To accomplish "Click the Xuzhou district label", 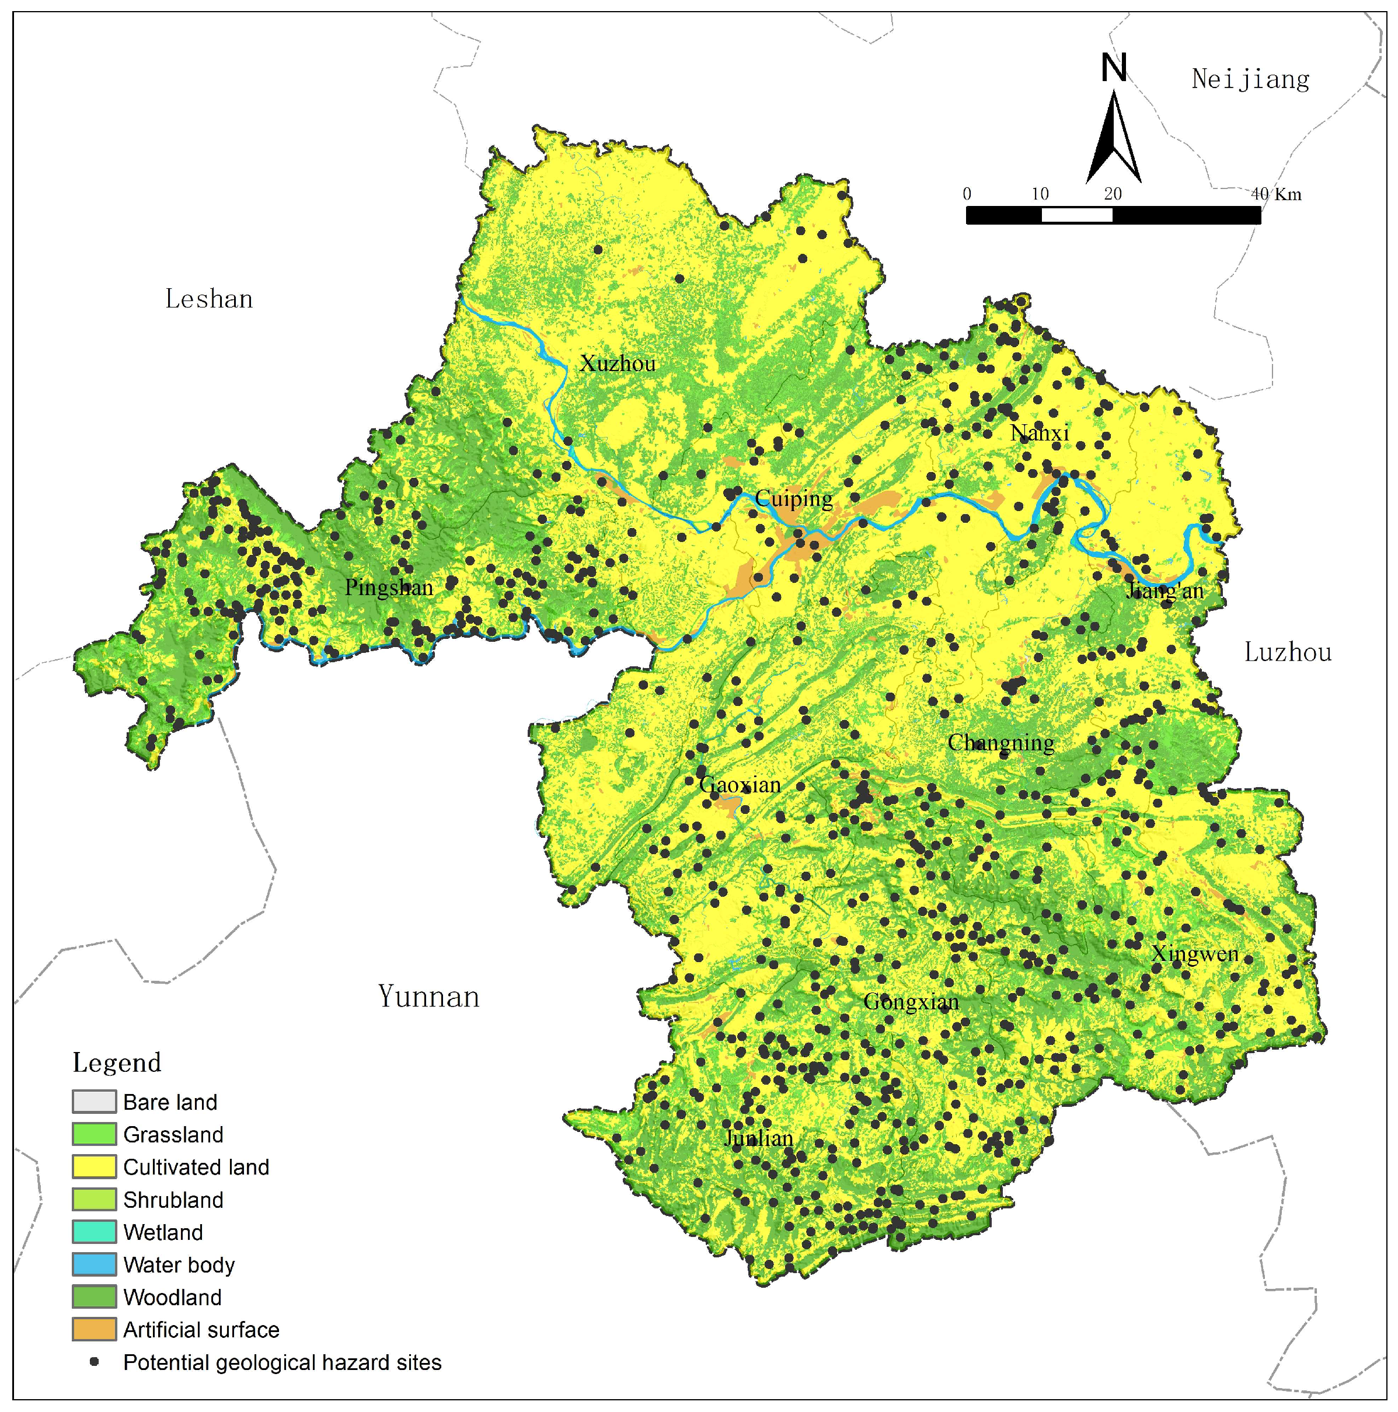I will [617, 364].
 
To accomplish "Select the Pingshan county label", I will [389, 587].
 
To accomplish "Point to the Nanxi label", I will [1039, 433].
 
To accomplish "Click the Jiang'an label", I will [1164, 590].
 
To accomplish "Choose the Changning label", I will [1001, 743].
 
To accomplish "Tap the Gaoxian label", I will [740, 785].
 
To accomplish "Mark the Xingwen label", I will [1195, 954].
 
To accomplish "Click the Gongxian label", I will [911, 1001].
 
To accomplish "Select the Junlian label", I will [758, 1138].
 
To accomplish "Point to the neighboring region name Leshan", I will [209, 299].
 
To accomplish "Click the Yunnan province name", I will [428, 997].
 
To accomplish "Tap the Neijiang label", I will [1250, 79].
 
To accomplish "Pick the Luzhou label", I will [1288, 652].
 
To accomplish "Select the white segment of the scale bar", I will [1076, 215].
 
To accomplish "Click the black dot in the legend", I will [93, 1362].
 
